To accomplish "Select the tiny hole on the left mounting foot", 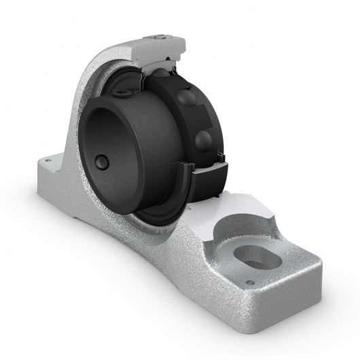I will (50, 161).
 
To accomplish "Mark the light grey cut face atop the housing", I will (163, 45).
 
